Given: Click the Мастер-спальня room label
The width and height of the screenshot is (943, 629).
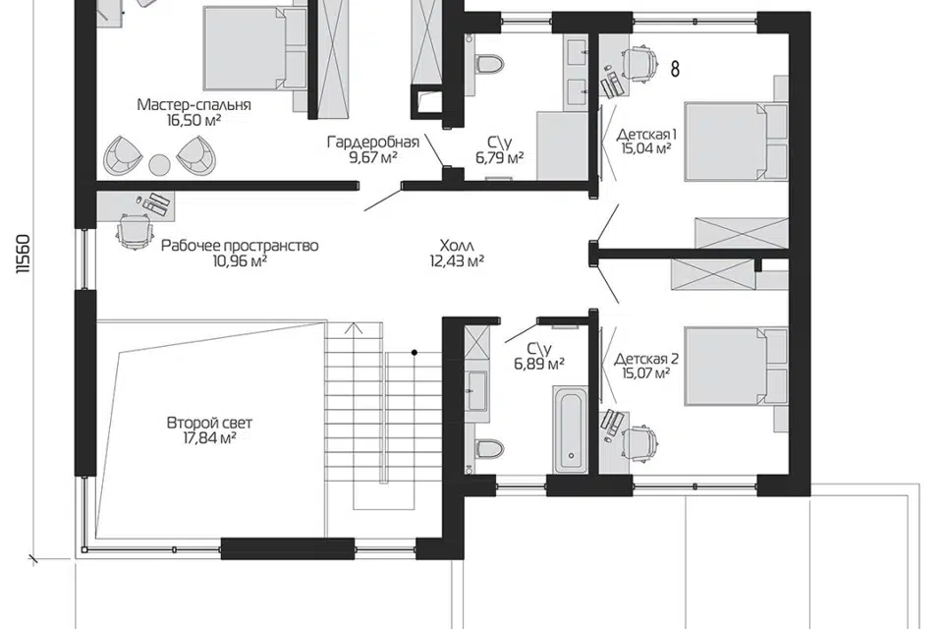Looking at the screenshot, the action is coord(194,105).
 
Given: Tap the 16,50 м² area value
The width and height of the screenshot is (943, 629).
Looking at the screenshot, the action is coord(194,120).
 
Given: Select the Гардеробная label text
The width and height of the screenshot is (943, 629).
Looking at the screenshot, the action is coord(373,143).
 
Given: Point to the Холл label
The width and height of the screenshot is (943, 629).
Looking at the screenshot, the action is coord(457,246).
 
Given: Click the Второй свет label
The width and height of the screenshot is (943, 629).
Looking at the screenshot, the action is coord(209,424).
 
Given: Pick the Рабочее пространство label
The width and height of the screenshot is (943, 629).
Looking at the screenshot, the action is coord(240,246).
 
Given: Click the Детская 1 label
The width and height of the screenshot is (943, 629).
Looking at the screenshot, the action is coord(646,134).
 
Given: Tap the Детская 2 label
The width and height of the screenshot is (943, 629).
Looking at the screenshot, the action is coord(646,360).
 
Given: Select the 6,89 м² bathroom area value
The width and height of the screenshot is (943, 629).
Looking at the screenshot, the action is coord(539,365).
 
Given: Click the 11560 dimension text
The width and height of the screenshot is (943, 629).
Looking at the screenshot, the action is coord(23,254).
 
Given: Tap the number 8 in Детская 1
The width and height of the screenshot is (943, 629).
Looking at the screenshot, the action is coord(675,69).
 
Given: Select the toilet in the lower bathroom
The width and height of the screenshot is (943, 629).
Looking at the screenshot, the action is coord(488,448).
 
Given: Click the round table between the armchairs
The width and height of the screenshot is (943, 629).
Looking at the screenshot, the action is coord(160,164).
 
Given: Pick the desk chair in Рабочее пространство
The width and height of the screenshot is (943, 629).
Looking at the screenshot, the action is coord(135,231).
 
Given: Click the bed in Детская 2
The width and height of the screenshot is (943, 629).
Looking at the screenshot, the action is coord(736,366).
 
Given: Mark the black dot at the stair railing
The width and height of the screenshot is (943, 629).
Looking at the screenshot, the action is coord(415,353).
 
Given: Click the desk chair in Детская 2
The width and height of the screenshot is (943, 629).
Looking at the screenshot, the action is coord(639,444).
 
